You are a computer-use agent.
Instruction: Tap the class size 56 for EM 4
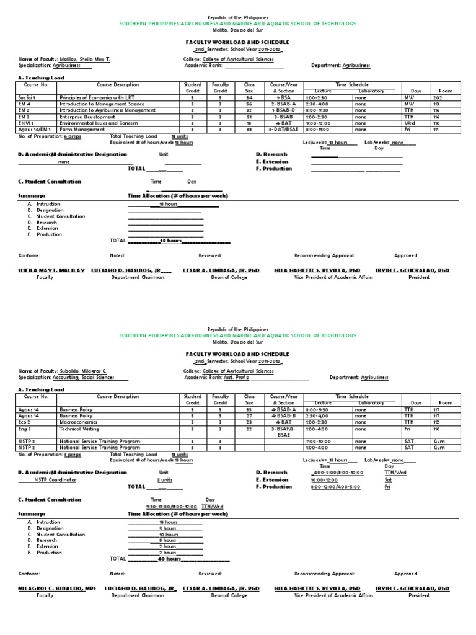[x=249, y=104]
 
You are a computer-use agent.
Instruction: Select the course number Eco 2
[x=25, y=422]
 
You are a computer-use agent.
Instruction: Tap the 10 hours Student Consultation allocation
[x=169, y=534]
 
